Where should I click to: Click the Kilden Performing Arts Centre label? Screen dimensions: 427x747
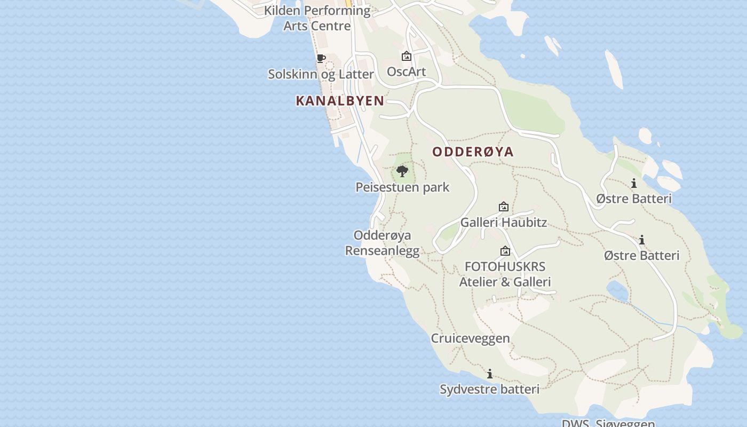point(317,18)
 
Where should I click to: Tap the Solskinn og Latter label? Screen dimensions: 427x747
point(321,74)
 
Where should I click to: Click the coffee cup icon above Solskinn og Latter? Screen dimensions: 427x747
point(321,58)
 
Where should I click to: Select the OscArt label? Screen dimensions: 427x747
point(406,71)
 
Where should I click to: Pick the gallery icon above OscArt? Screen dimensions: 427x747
point(406,56)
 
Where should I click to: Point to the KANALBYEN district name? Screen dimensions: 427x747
point(340,100)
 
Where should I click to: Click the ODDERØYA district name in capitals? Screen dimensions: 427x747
point(473,152)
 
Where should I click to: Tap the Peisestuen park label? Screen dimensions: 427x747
point(402,187)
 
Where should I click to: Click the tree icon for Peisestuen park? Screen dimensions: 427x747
point(402,171)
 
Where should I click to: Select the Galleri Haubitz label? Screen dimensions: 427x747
point(503,222)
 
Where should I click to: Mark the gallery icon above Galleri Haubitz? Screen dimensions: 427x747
point(503,207)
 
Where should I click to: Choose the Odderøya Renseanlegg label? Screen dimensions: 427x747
point(382,243)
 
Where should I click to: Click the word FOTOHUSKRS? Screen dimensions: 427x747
point(505,266)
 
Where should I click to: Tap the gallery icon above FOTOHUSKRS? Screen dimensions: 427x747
point(505,251)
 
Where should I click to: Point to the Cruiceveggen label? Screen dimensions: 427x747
point(470,338)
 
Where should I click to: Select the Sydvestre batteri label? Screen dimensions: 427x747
point(489,389)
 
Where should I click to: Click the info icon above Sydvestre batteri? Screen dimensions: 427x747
point(490,374)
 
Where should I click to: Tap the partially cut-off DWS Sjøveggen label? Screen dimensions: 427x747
point(608,423)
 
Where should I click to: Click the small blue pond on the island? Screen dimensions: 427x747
point(617,291)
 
